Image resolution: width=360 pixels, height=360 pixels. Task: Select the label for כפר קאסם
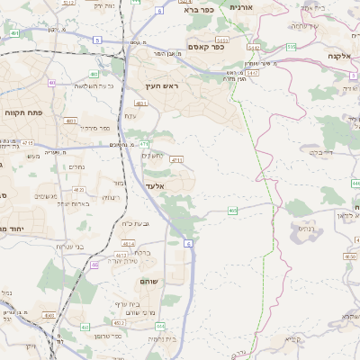[206, 46]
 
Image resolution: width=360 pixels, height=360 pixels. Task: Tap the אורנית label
[242, 7]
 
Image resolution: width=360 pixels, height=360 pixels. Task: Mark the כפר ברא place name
[197, 11]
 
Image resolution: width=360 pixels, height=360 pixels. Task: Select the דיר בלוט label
[321, 152]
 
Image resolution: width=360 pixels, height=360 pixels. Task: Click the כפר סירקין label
[93, 129]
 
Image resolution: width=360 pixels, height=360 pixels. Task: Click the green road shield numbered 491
[14, 33]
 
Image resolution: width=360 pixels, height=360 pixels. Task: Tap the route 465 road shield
[233, 211]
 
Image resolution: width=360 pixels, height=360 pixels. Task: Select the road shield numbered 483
[95, 75]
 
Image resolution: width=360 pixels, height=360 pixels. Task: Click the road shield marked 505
[291, 46]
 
